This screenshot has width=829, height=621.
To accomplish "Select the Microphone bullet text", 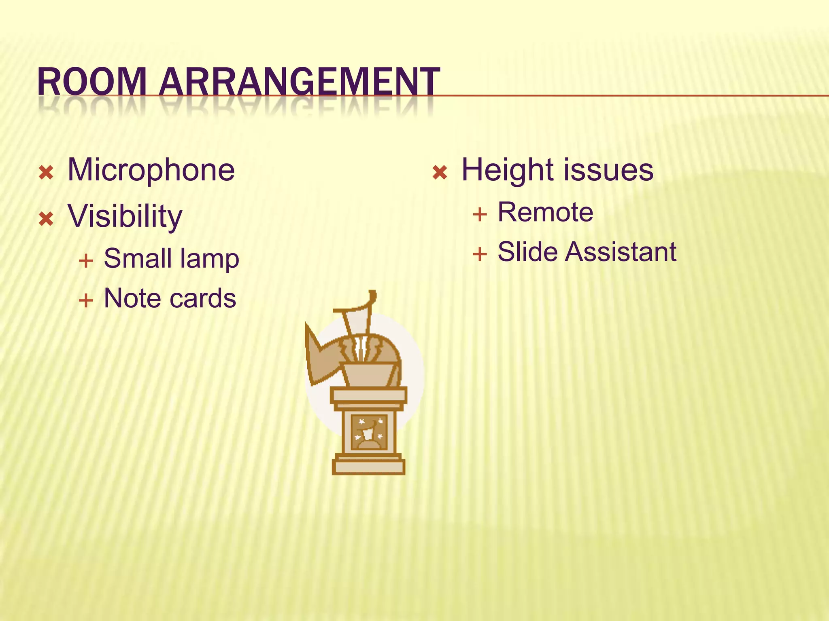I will tap(151, 170).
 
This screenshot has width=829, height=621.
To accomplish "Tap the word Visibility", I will tap(125, 216).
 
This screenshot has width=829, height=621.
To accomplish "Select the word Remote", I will tap(545, 212).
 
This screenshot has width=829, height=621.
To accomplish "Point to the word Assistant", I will tap(621, 252).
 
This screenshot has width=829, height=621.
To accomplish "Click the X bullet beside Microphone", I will tap(46, 173).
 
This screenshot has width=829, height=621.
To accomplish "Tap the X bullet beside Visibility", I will tap(46, 219).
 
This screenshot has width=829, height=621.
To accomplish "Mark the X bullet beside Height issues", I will tap(440, 173).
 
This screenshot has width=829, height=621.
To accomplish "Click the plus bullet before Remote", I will tap(480, 214).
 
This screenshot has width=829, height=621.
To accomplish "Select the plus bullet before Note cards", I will tap(86, 300).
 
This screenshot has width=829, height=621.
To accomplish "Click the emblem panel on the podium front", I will tap(369, 432).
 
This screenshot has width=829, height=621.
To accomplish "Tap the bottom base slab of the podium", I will tap(368, 467).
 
